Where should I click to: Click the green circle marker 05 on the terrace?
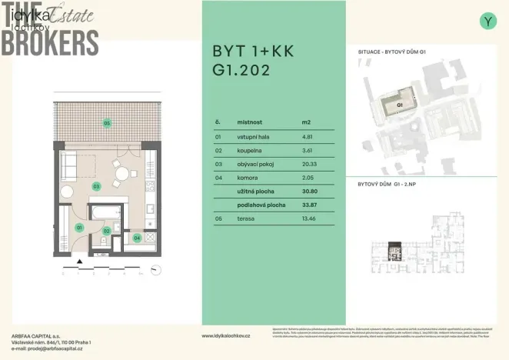pos(108,123)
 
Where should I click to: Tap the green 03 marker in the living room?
pos(97,186)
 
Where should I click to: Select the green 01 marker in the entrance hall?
pos(78,228)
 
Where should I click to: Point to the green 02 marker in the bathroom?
pos(107,230)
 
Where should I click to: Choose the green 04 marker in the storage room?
pos(137,238)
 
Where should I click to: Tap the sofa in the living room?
pos(68,166)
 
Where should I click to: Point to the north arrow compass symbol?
pos(155,268)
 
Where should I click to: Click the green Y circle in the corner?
pos(487,22)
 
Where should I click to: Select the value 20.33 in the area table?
pos(310,164)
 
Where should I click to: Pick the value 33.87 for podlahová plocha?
pos(310,205)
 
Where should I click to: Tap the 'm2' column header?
pos(306,122)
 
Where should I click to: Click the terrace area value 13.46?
pos(310,219)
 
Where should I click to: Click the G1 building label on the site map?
pos(400,105)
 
